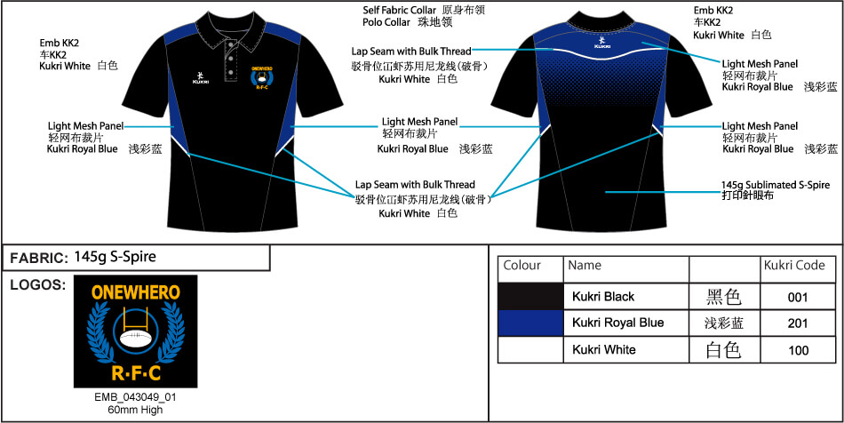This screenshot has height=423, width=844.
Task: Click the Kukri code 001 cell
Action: click(x=798, y=297)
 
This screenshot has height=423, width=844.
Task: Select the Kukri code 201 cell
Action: click(x=798, y=323)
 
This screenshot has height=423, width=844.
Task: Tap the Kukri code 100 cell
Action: click(x=798, y=350)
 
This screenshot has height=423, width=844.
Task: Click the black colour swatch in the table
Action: click(x=530, y=297)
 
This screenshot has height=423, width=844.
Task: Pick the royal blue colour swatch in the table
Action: click(x=530, y=323)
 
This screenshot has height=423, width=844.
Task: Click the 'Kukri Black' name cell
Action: click(x=603, y=297)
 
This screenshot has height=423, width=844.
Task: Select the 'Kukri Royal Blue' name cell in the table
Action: click(x=618, y=323)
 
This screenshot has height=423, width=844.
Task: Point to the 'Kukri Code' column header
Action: click(x=794, y=266)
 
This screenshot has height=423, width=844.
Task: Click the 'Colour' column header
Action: click(x=522, y=266)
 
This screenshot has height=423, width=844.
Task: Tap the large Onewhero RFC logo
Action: click(x=135, y=331)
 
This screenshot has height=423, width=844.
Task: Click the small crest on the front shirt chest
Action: click(x=262, y=77)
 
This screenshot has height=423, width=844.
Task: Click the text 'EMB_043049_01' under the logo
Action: click(x=135, y=397)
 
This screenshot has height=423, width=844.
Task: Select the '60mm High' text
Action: click(x=135, y=410)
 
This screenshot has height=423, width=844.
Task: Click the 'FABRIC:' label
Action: click(x=38, y=259)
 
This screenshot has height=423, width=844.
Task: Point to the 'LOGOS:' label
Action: click(x=36, y=285)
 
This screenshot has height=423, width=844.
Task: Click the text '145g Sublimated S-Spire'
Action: click(x=775, y=185)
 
